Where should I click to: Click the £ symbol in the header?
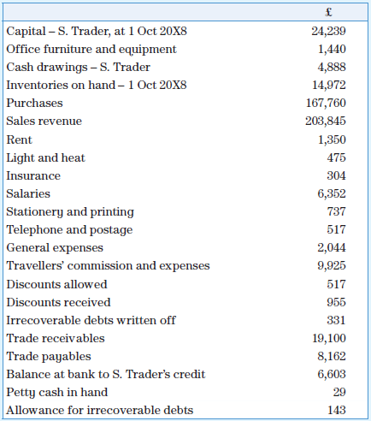pyautogui.click(x=329, y=13)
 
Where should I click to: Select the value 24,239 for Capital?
pyautogui.click(x=329, y=32)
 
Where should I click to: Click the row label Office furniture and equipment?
pyautogui.click(x=91, y=50)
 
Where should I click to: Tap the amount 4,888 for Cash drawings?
pyautogui.click(x=332, y=68)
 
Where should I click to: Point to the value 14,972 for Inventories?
pyautogui.click(x=329, y=86)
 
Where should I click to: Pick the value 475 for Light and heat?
pyautogui.click(x=336, y=157)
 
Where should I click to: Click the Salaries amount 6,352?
pyautogui.click(x=332, y=194)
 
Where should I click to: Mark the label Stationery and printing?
pyautogui.click(x=70, y=212)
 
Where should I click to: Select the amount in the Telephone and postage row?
pyautogui.click(x=336, y=230)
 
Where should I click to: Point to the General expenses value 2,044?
pyautogui.click(x=332, y=248)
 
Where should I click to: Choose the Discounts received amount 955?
pyautogui.click(x=336, y=302)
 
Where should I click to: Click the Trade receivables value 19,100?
pyautogui.click(x=329, y=338)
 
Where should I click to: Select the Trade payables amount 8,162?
pyautogui.click(x=332, y=356)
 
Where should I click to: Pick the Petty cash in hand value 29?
pyautogui.click(x=339, y=392)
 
